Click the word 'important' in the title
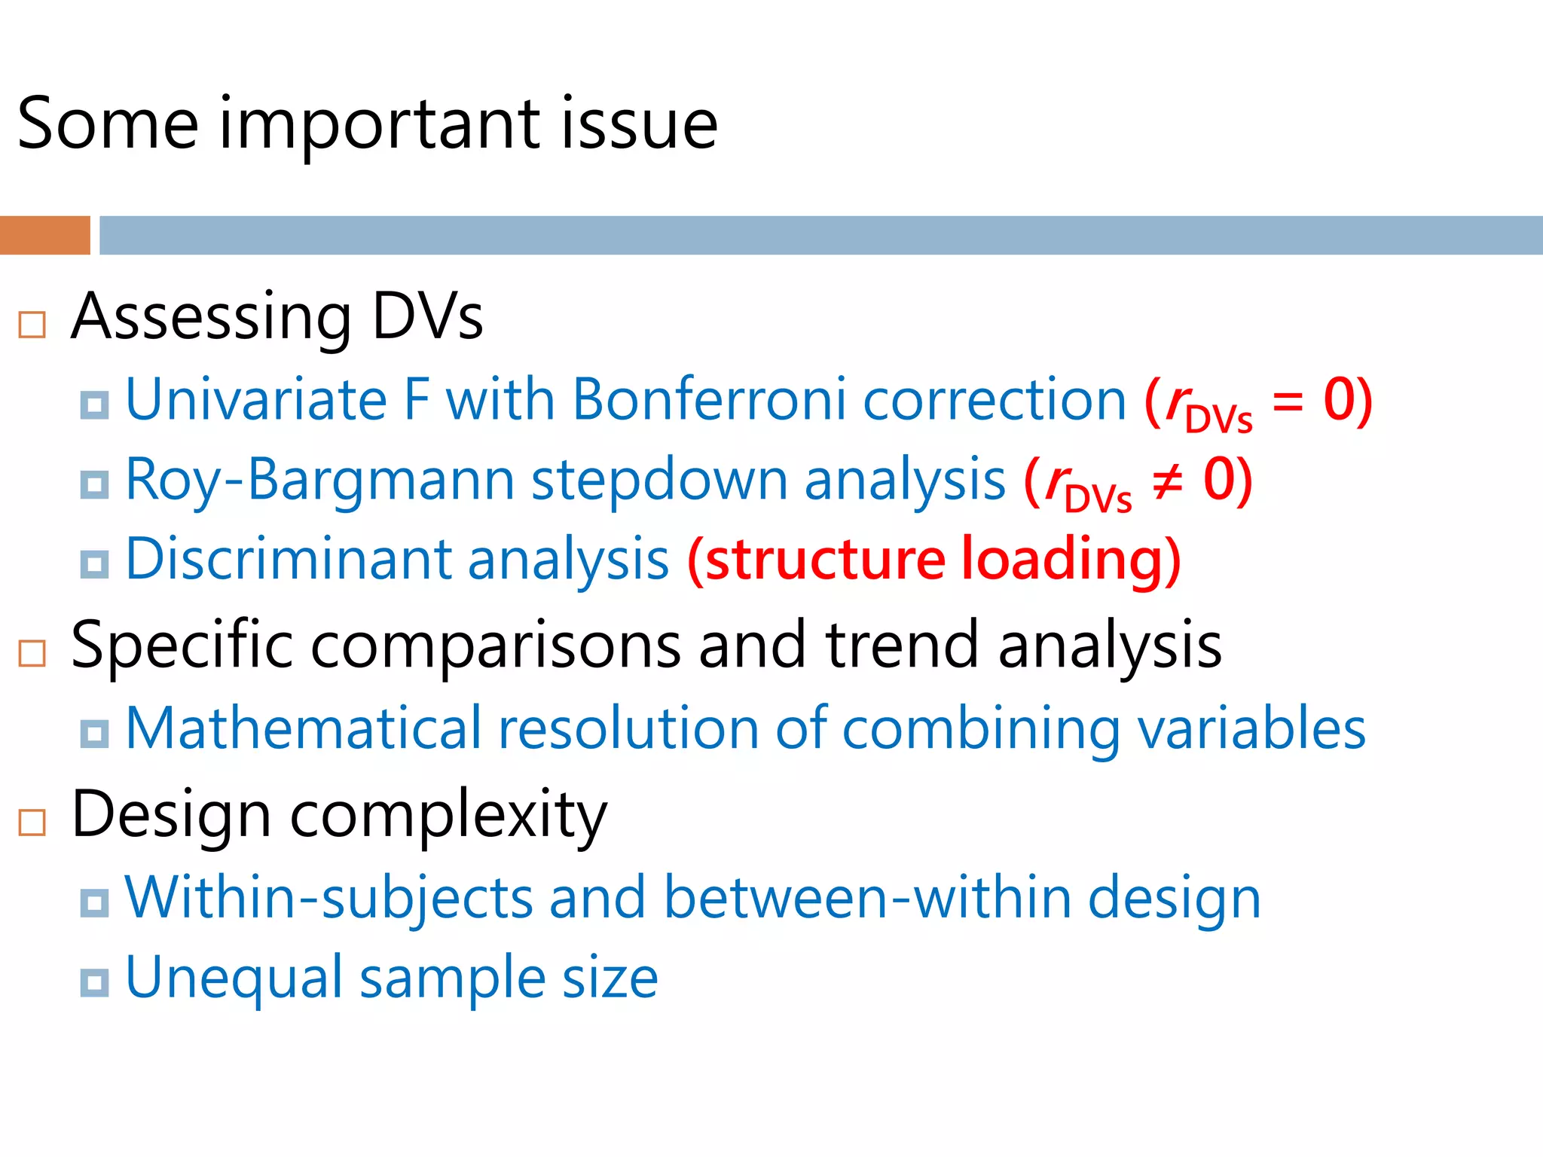[x=379, y=124]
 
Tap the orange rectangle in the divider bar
[x=44, y=235]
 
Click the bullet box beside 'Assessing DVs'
[x=32, y=325]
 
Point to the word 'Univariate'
[x=256, y=399]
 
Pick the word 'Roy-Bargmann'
[x=319, y=480]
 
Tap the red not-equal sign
[x=1168, y=481]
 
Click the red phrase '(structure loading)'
[x=934, y=560]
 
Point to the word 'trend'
[x=902, y=646]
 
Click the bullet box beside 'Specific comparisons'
[x=32, y=653]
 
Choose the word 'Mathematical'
[x=303, y=729]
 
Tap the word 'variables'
[x=1252, y=729]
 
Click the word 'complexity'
[x=449, y=816]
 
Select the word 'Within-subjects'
[x=328, y=898]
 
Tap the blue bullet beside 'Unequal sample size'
[x=94, y=982]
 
